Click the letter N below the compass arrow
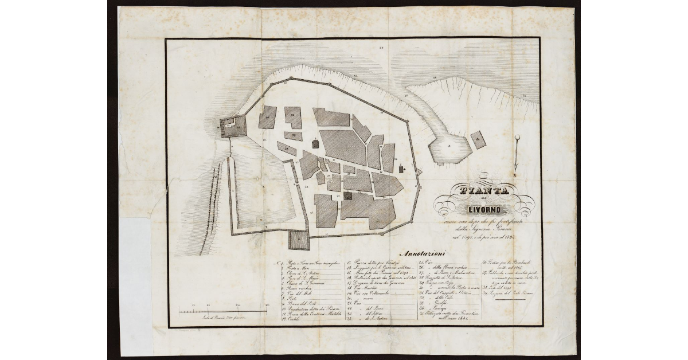[516, 174]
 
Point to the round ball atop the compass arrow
[517, 137]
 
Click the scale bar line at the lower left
[223, 311]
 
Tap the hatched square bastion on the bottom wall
[298, 240]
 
